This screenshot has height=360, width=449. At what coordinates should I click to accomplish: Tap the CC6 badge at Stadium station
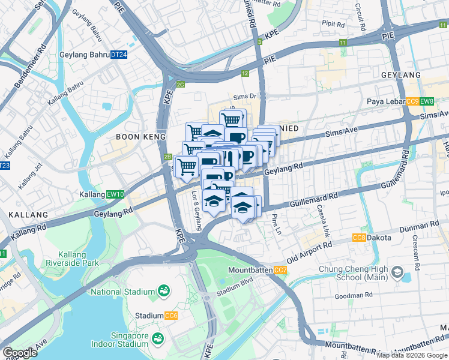pos(171,316)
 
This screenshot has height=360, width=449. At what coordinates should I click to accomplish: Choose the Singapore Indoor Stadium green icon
pos(158,338)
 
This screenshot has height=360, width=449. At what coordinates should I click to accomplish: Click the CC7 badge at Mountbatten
pos(280,271)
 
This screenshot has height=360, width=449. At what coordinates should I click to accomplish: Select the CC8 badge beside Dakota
pos(360,238)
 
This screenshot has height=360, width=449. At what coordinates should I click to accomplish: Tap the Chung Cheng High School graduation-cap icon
pos(397,273)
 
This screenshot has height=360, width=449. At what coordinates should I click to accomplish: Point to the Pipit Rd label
pos(333,25)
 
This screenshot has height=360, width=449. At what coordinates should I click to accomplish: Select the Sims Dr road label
pos(244,95)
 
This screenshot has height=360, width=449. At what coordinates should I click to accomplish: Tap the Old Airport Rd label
pos(310,252)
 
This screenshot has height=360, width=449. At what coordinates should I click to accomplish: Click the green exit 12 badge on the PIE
pos(244,74)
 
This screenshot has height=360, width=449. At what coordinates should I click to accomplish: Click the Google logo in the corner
pos(20,352)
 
